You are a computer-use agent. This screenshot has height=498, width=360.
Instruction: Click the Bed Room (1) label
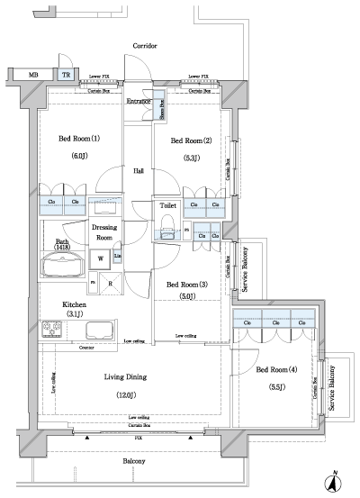pos(80,140)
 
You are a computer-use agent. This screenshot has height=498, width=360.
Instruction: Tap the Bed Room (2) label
pos(192,140)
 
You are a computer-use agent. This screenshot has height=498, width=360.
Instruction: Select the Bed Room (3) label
pos(186,285)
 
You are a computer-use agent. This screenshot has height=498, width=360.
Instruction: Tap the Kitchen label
pos(75,304)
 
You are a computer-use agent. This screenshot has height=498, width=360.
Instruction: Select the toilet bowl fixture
pos(167,232)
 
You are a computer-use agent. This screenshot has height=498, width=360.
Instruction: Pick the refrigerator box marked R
pos(110,285)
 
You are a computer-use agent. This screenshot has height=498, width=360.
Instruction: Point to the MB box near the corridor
pos(32,76)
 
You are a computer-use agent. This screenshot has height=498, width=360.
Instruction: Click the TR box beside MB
pos(66,76)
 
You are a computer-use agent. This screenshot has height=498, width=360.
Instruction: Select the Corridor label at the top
pos(145,45)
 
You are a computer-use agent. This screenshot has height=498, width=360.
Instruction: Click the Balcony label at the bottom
pos(133,461)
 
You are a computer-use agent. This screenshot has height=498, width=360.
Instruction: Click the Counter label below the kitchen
pos(87,347)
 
